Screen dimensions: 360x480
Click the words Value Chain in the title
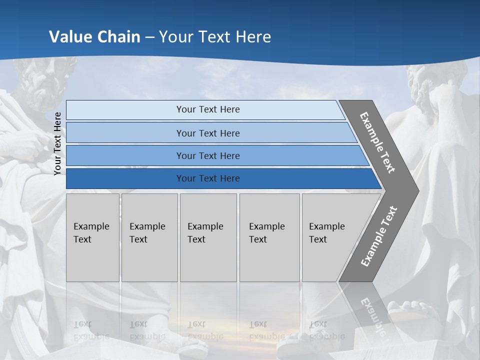(94, 36)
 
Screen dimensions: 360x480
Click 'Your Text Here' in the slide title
(215, 36)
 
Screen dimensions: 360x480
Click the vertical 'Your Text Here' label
(58, 143)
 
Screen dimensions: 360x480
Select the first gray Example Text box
(92, 237)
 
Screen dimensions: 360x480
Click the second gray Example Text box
(149, 237)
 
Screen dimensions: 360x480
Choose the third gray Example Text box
(208, 237)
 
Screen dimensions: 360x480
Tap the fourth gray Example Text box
(269, 237)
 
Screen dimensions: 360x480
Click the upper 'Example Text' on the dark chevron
(377, 142)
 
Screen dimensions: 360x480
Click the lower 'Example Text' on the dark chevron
(379, 236)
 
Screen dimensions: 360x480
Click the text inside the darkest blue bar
(208, 178)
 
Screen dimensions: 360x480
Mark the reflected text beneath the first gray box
(91, 330)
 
